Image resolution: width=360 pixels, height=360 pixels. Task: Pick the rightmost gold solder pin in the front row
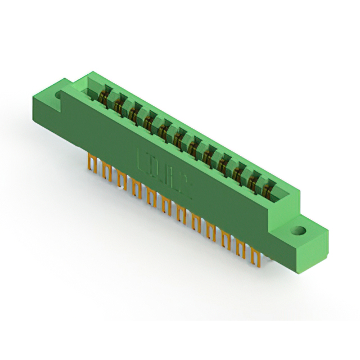[x=257, y=259]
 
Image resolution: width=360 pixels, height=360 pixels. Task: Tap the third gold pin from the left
[x=121, y=179]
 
